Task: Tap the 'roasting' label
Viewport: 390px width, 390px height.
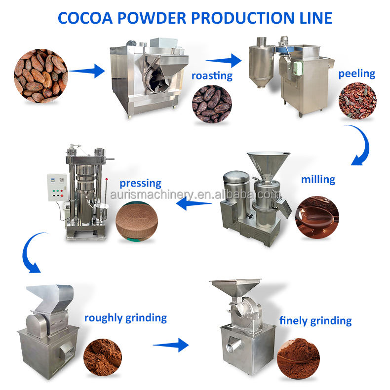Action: click(x=213, y=76)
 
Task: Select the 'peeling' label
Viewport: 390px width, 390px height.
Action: click(x=356, y=74)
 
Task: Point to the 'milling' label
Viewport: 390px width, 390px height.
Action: click(x=318, y=179)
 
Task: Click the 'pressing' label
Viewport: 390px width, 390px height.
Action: click(x=140, y=183)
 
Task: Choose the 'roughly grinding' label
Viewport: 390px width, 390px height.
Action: click(x=125, y=317)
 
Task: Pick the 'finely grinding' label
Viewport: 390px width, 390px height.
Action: click(x=315, y=320)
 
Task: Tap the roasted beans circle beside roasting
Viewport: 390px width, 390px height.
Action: click(x=212, y=104)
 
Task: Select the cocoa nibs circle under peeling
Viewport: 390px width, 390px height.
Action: click(x=357, y=101)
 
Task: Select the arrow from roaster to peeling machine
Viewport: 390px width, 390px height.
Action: click(x=223, y=61)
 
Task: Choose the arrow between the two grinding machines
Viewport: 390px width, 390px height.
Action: click(x=170, y=345)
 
